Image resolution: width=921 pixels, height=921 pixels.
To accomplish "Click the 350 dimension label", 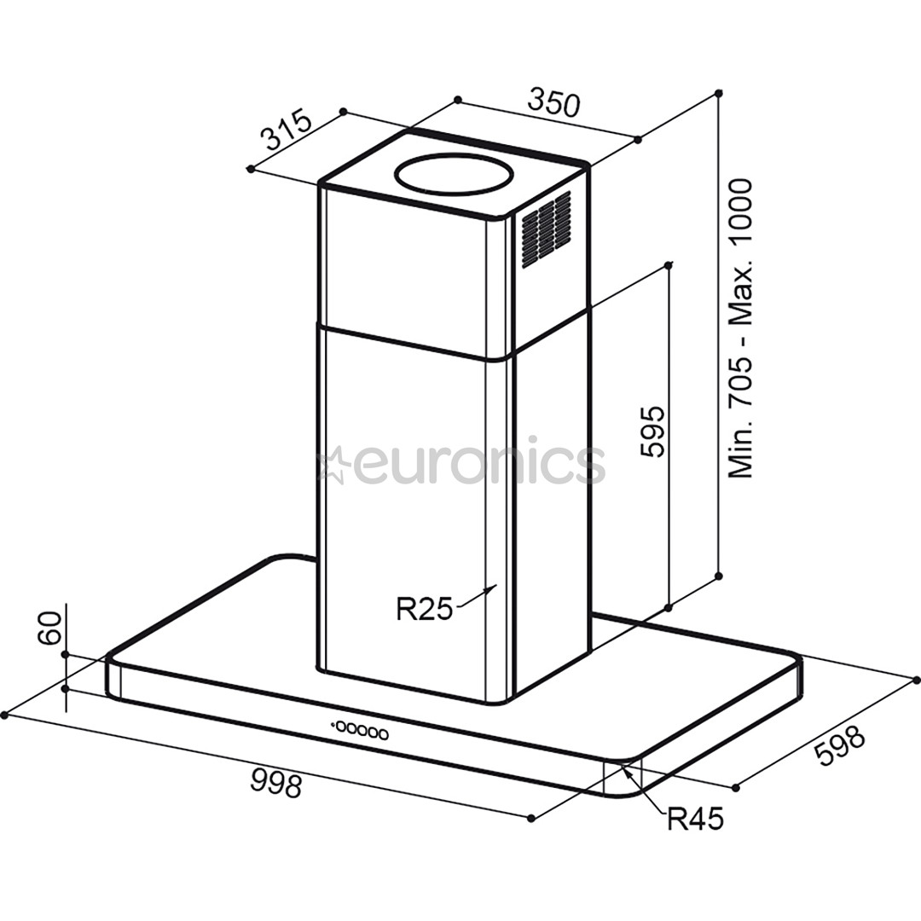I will click(x=553, y=102).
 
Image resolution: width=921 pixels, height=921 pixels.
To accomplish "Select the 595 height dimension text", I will click(x=652, y=431).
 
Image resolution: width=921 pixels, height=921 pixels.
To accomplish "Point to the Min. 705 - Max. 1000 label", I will click(x=740, y=328).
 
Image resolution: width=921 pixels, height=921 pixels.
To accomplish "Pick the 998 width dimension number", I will click(x=276, y=782).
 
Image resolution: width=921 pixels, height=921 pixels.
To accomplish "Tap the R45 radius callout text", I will click(x=694, y=820).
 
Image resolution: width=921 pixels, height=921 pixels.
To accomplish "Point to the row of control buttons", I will click(x=360, y=732).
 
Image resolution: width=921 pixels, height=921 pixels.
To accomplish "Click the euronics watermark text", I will click(x=478, y=465).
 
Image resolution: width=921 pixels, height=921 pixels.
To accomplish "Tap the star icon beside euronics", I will click(x=332, y=466).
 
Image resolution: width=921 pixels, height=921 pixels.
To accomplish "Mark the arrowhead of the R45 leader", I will click(x=625, y=768).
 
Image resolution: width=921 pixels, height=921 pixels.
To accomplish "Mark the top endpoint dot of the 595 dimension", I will click(x=668, y=265).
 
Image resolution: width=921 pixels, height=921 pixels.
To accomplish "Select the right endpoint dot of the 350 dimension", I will click(x=639, y=140).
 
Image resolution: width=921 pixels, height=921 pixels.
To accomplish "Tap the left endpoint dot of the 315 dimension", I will click(x=250, y=169).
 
